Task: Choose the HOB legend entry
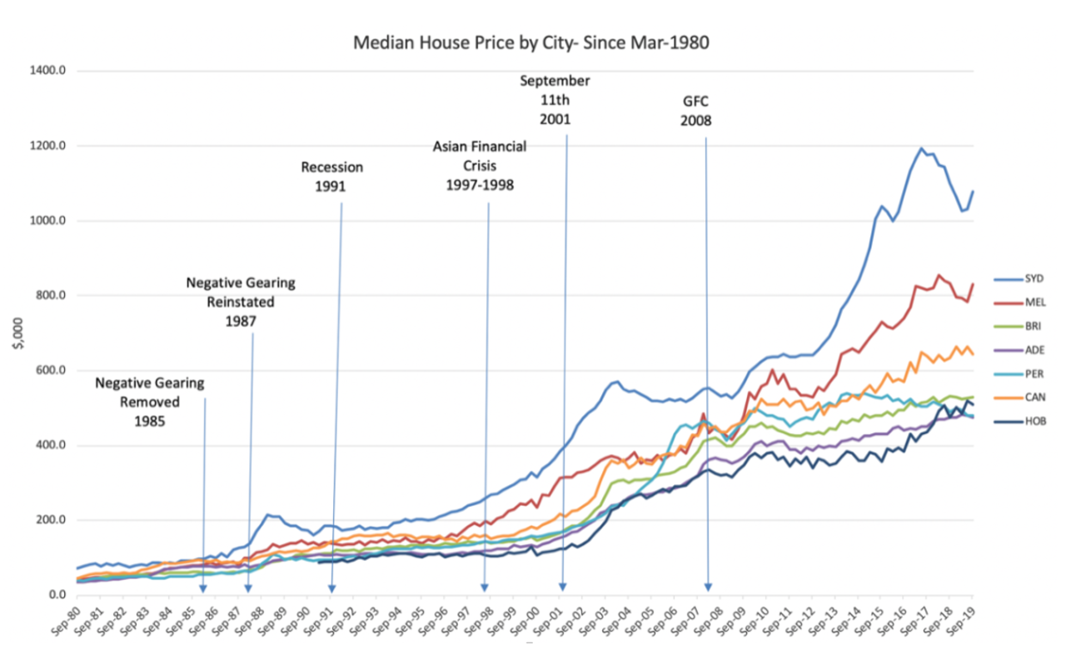point(1031,422)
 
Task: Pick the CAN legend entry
point(1031,397)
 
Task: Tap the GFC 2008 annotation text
point(697,111)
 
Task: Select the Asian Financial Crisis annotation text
point(479,165)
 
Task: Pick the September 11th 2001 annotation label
point(555,99)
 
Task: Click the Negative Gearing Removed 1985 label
point(149,402)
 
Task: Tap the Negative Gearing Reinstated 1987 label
point(240,301)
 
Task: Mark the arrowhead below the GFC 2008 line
point(709,587)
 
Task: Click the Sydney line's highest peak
point(921,149)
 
